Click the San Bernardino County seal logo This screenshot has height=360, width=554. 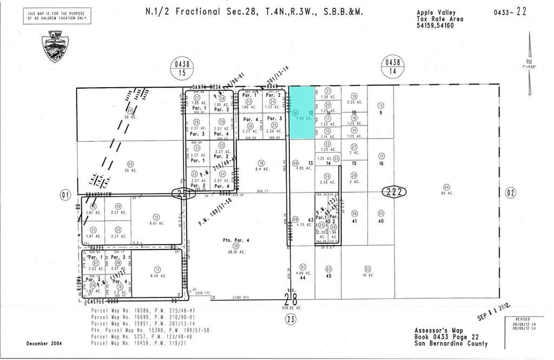click(54, 46)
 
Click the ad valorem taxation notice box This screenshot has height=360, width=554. click(57, 16)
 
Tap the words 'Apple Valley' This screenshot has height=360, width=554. click(436, 12)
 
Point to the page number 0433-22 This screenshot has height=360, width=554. click(510, 11)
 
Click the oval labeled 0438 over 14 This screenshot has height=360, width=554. click(392, 67)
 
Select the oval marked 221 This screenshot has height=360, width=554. click(182, 193)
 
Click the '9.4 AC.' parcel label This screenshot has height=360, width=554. click(262, 169)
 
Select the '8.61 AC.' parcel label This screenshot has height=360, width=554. click(156, 223)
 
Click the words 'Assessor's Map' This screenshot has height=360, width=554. click(438, 330)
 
